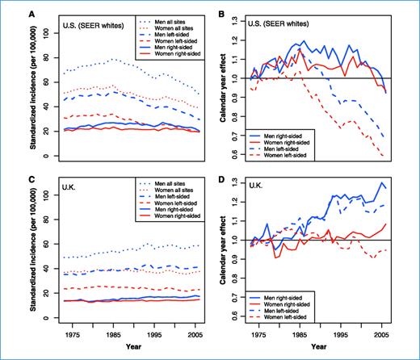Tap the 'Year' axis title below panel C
126,354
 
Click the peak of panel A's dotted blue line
114,59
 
